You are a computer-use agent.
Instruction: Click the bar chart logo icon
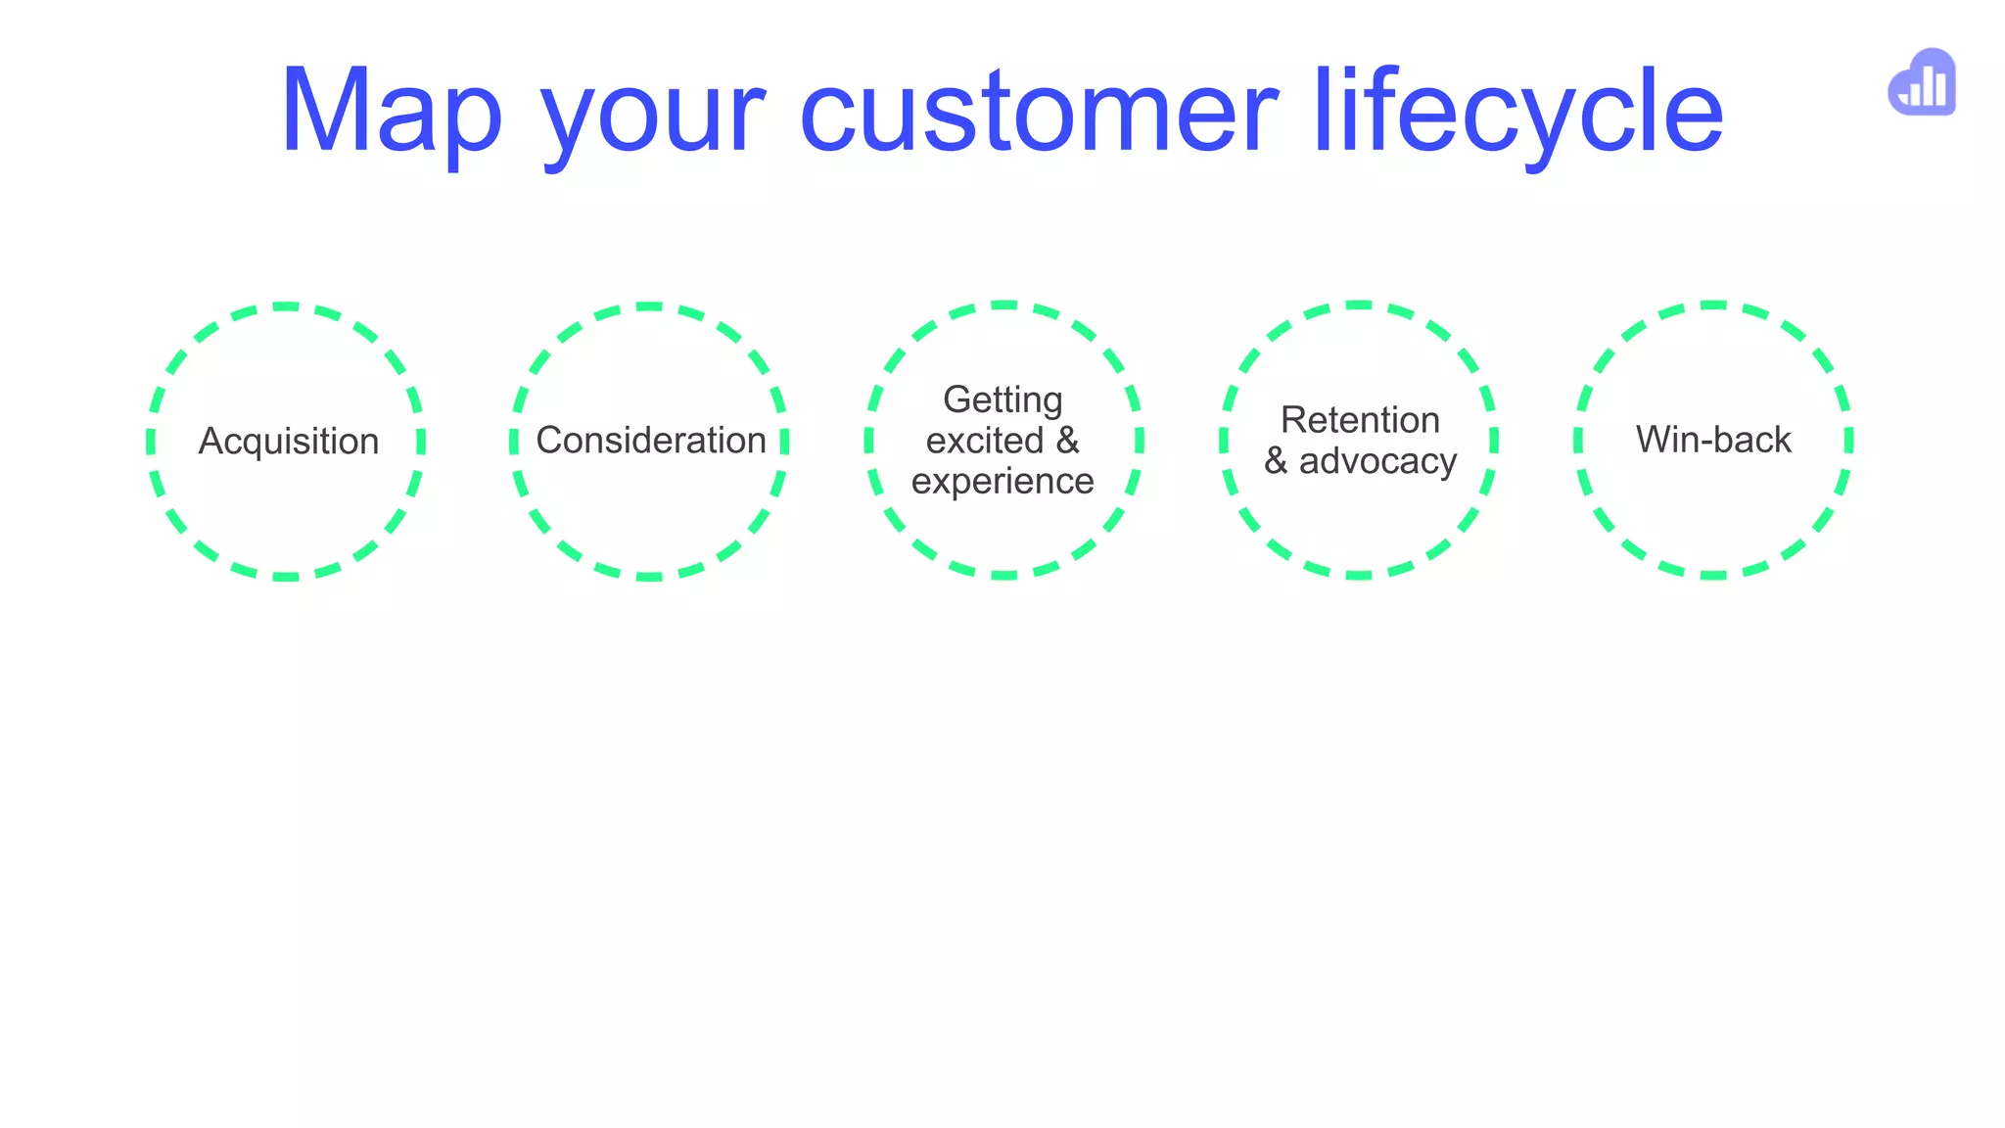click(1923, 83)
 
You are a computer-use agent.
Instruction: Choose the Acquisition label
click(289, 442)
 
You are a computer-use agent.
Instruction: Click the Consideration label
click(651, 441)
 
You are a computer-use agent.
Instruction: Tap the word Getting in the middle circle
click(1002, 399)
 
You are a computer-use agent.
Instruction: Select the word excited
click(984, 441)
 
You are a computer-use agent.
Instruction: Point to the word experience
click(1002, 482)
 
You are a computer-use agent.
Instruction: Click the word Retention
click(1360, 420)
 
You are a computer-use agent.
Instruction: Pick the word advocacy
click(1377, 461)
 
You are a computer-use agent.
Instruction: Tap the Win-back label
click(1713, 440)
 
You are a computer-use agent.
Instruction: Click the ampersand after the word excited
click(1067, 441)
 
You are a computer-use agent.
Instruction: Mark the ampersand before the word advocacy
click(1276, 461)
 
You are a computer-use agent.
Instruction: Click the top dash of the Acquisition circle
click(286, 306)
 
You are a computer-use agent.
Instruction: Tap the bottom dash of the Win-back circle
click(1713, 575)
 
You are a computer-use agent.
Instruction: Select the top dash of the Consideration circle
click(649, 306)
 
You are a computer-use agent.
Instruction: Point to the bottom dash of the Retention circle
click(1358, 575)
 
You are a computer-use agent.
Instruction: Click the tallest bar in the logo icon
click(1940, 86)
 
